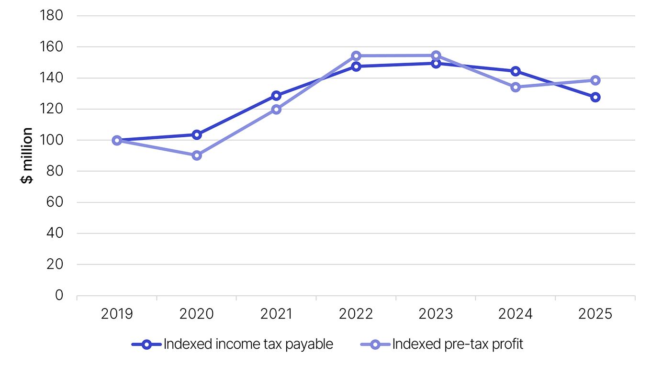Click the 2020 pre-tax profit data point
(197, 155)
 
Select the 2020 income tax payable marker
(197, 135)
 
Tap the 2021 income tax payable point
(276, 95)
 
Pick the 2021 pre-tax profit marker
(276, 109)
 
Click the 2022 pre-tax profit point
(356, 55)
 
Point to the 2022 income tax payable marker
(356, 67)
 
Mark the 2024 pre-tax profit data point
(516, 87)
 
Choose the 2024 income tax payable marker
(516, 71)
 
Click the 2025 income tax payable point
(595, 97)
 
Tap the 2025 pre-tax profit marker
(595, 80)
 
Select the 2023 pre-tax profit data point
(436, 55)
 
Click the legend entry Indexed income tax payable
(233, 344)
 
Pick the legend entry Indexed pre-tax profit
(442, 344)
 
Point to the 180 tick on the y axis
(51, 15)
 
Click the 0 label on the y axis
(59, 295)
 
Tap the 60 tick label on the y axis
(55, 202)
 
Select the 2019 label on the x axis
(117, 314)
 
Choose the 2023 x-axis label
(436, 314)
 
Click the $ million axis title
(26, 155)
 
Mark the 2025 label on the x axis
(595, 314)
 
